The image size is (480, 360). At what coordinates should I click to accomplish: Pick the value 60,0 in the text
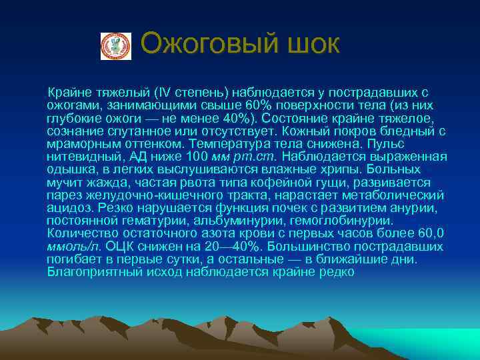click(430, 233)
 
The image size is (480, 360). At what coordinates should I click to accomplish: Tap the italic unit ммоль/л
click(73, 245)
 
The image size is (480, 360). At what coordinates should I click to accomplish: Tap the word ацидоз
click(67, 207)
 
